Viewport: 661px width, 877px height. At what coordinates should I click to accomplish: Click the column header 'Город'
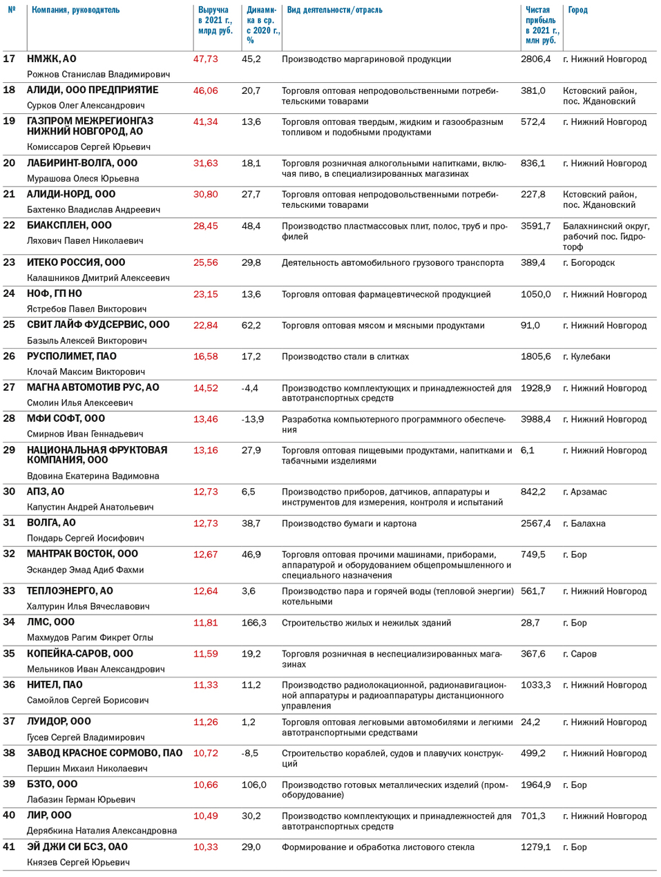[x=577, y=10]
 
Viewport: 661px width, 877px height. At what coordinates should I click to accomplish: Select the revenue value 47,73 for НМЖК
[x=205, y=59]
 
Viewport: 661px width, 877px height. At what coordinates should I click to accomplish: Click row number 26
[x=9, y=356]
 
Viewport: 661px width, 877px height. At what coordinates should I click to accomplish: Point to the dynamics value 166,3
[x=253, y=623]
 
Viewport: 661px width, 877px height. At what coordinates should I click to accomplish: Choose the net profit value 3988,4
[x=535, y=419]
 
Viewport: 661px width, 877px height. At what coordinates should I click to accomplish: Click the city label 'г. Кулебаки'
[x=586, y=357]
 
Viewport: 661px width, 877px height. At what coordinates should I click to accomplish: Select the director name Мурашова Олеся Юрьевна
[x=83, y=178]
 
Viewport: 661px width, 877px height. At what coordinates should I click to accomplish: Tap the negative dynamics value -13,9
[x=252, y=419]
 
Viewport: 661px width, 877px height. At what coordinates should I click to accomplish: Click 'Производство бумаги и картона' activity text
[x=349, y=523]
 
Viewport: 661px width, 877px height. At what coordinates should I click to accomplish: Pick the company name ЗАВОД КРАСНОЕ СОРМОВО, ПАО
[x=104, y=753]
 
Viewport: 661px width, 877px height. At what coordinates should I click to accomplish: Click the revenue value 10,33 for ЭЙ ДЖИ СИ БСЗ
[x=205, y=847]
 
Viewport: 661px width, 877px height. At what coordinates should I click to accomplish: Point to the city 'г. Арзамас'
[x=584, y=492]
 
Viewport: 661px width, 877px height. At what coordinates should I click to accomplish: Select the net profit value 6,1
[x=527, y=450]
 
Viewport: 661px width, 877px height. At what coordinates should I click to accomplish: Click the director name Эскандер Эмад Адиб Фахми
[x=85, y=570]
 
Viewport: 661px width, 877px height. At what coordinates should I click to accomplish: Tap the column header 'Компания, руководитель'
[x=75, y=10]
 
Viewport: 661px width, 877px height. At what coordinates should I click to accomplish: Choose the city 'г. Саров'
[x=579, y=654]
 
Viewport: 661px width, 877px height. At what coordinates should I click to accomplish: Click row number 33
[x=9, y=590]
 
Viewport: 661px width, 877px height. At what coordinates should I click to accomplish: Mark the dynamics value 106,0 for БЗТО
[x=253, y=785]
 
